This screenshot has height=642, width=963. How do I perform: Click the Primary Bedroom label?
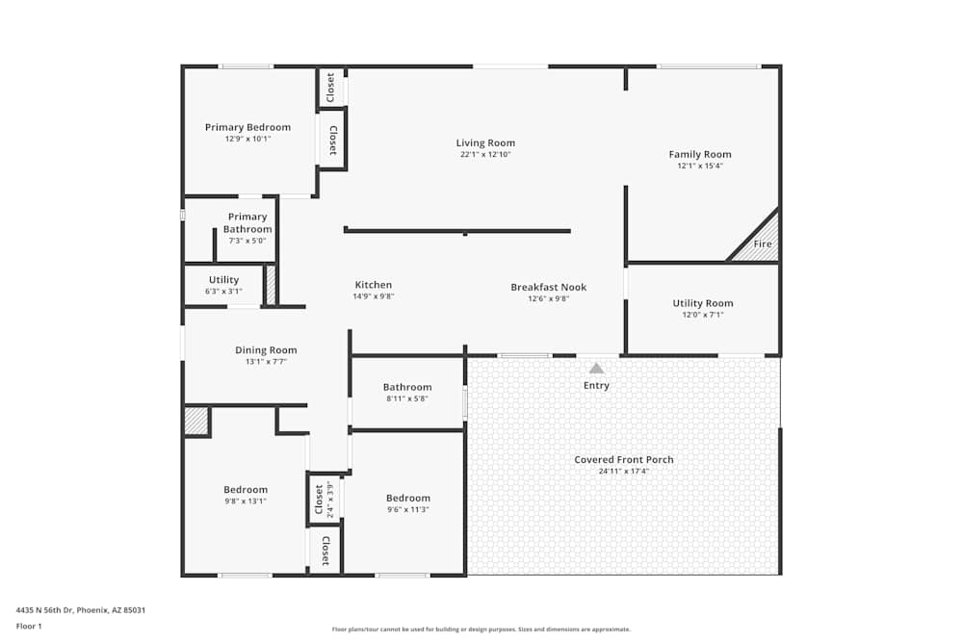click(x=247, y=127)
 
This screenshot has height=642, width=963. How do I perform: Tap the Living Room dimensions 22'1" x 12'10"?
click(x=485, y=154)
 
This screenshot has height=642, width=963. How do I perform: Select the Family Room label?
click(x=700, y=154)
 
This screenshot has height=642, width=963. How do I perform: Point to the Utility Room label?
click(x=702, y=303)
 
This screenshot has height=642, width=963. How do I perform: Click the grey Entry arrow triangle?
click(x=596, y=368)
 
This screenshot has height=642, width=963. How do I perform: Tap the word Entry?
click(x=596, y=386)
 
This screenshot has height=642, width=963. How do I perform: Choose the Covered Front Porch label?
click(x=624, y=459)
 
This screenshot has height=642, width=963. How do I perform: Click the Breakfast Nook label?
click(x=548, y=287)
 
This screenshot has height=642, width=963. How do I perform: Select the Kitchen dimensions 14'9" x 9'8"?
click(x=373, y=296)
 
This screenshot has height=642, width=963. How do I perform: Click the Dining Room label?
click(x=266, y=350)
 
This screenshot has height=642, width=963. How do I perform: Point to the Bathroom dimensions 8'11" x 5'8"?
click(x=407, y=398)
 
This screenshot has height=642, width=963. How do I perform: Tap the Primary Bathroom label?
click(x=247, y=223)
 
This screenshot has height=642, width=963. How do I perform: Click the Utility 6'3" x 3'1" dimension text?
click(x=223, y=291)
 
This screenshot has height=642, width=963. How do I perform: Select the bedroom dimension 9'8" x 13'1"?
click(x=246, y=501)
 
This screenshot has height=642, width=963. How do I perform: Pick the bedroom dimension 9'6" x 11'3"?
click(x=407, y=509)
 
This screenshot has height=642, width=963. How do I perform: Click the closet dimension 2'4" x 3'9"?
click(x=330, y=500)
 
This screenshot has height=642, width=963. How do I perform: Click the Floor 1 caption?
click(x=29, y=626)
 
